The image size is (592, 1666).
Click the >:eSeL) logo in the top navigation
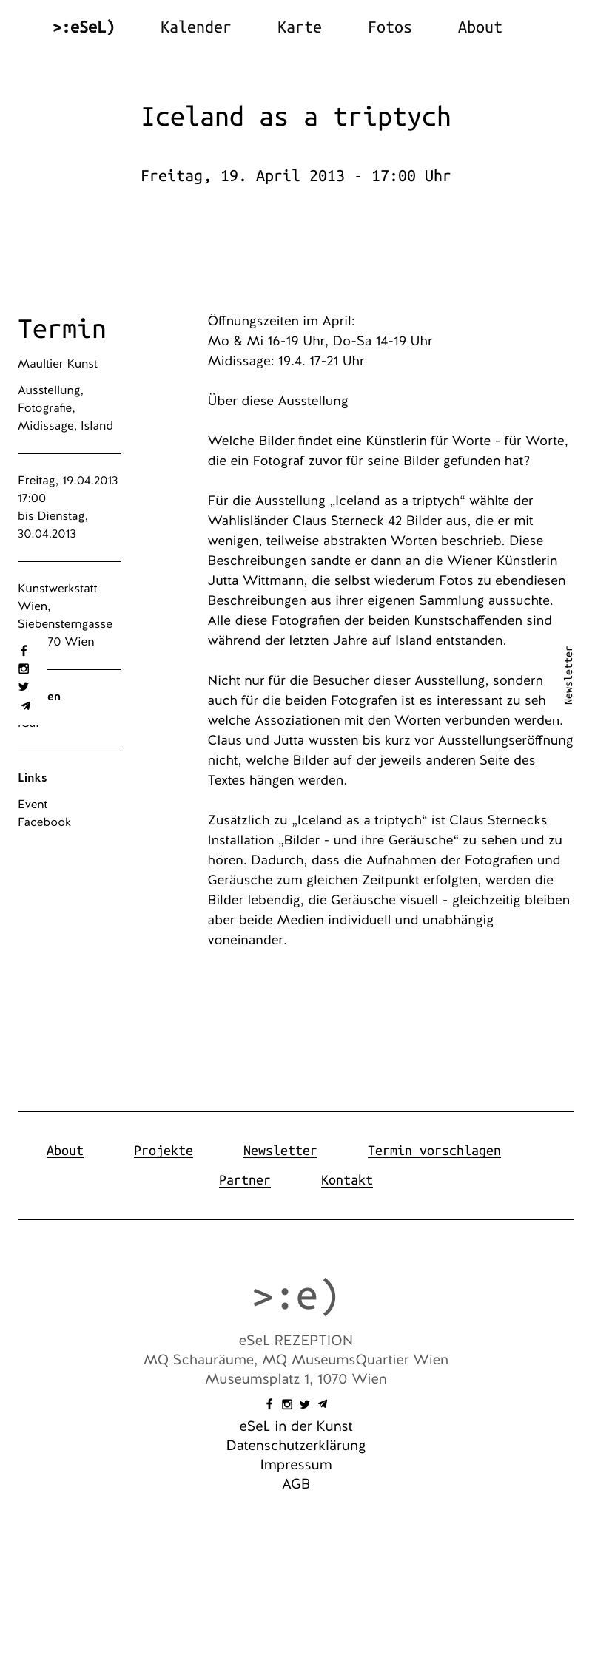pyautogui.click(x=84, y=27)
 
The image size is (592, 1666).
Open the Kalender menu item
pyautogui.click(x=195, y=27)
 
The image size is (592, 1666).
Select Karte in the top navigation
pyautogui.click(x=299, y=27)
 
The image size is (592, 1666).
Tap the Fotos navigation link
pyautogui.click(x=389, y=27)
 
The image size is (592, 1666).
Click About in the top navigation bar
pyautogui.click(x=480, y=27)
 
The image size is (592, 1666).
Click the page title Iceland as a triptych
pyautogui.click(x=296, y=117)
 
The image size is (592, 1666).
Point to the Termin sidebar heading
pyautogui.click(x=62, y=329)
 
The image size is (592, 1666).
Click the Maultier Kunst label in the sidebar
pyautogui.click(x=58, y=364)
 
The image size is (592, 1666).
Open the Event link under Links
pyautogui.click(x=33, y=805)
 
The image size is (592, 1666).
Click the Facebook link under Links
pyautogui.click(x=44, y=822)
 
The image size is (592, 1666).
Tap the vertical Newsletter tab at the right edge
pyautogui.click(x=568, y=675)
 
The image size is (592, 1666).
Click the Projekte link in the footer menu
pyautogui.click(x=164, y=1151)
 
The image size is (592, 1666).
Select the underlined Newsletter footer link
pyautogui.click(x=280, y=1151)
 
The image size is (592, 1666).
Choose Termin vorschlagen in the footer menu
pyautogui.click(x=434, y=1151)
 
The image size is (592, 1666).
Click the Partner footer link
pyautogui.click(x=245, y=1180)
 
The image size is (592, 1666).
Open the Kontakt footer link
pyautogui.click(x=347, y=1180)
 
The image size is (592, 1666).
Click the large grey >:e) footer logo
pyautogui.click(x=296, y=1296)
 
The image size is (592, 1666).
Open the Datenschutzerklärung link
pyautogui.click(x=296, y=1446)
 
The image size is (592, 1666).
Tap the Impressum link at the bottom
pyautogui.click(x=296, y=1465)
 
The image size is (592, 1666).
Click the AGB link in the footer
pyautogui.click(x=296, y=1484)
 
